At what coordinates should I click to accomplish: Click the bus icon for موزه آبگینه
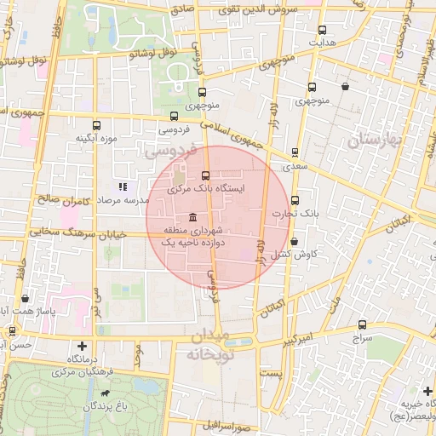click(95, 124)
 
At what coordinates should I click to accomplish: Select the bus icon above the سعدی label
click(295, 153)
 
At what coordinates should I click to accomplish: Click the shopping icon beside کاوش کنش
click(273, 254)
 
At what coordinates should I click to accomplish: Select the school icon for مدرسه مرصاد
click(123, 186)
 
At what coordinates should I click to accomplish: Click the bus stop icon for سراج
click(363, 324)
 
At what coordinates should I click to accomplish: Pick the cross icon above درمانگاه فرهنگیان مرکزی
click(82, 346)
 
